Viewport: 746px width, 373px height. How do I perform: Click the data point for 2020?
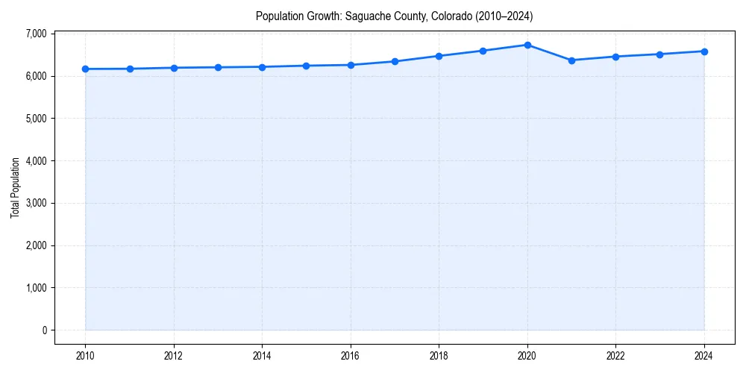pos(527,45)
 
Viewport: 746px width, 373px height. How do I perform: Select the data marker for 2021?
pos(571,60)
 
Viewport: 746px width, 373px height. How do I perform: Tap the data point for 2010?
pos(85,69)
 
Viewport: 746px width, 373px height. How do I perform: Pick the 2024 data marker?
pos(704,51)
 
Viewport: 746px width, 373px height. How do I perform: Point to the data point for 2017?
pos(395,61)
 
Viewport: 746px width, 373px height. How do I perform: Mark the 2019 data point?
pos(483,51)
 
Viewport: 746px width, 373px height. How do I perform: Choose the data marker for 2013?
pos(218,67)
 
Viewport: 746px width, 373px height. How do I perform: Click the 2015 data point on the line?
pos(307,66)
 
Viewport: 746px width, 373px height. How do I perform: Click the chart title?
pos(394,16)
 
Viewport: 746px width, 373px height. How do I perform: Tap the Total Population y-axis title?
pos(15,187)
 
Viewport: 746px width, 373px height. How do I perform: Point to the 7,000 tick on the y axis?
pos(34,34)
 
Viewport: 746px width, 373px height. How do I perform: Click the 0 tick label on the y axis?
pos(44,330)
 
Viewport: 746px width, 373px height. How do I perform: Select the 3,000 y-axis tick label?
pos(34,203)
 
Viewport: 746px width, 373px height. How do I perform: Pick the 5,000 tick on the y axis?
pos(34,119)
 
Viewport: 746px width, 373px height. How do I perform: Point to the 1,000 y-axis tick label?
pos(34,288)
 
